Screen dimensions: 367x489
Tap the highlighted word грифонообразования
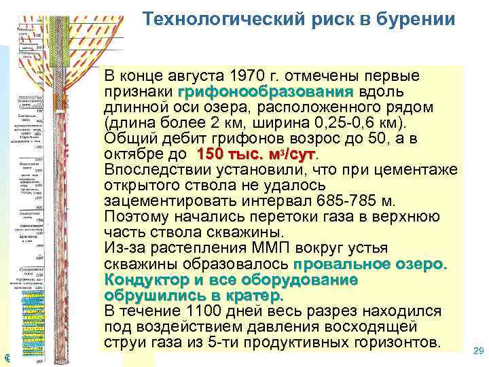[x=265, y=91]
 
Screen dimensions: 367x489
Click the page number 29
[x=477, y=351]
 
